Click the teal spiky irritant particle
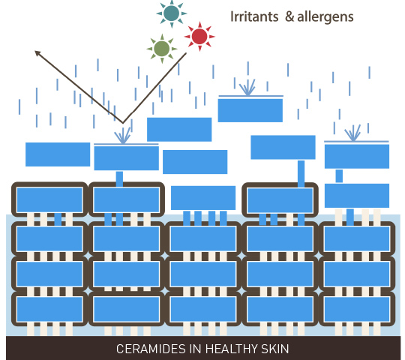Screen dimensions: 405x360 click(x=172, y=13)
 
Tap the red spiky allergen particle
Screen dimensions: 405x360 click(x=199, y=37)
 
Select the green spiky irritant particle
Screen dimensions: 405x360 click(x=162, y=49)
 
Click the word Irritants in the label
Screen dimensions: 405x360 click(x=254, y=16)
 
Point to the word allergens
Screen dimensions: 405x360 click(x=325, y=17)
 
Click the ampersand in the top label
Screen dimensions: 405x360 click(x=289, y=16)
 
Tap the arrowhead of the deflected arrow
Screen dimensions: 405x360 click(x=37, y=53)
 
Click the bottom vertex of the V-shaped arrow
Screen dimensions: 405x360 click(x=123, y=123)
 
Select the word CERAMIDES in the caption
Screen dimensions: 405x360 click(x=151, y=349)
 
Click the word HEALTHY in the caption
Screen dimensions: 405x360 click(x=232, y=349)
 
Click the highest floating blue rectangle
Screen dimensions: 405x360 click(x=250, y=110)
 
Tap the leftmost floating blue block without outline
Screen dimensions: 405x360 click(x=58, y=154)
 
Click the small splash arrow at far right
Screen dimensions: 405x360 click(x=352, y=133)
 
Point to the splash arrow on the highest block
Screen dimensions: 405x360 click(x=247, y=87)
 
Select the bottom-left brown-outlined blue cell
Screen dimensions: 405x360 click(x=49, y=309)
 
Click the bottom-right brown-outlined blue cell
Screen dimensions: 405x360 click(x=357, y=309)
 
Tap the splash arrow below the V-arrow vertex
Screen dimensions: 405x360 click(x=123, y=136)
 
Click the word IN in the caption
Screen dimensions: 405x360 click(x=196, y=349)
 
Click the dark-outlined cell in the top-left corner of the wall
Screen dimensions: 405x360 click(x=49, y=199)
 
